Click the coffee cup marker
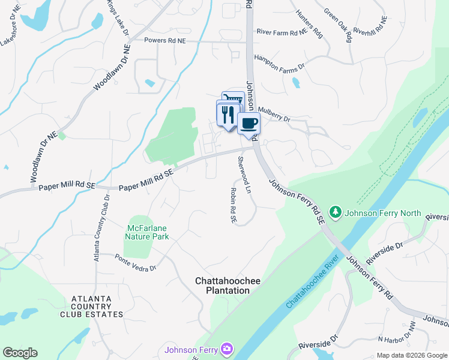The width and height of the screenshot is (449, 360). pyautogui.click(x=249, y=124)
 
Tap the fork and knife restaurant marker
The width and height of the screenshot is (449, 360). pyautogui.click(x=228, y=113)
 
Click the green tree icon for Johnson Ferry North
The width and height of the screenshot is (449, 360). pyautogui.click(x=336, y=211)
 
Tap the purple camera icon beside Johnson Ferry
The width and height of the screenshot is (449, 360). pyautogui.click(x=226, y=349)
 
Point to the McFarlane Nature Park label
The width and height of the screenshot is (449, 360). pyautogui.click(x=148, y=232)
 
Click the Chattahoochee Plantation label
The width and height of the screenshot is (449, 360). pyautogui.click(x=223, y=286)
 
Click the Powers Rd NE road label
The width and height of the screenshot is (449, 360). pyautogui.click(x=166, y=40)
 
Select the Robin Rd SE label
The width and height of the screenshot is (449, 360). pyautogui.click(x=233, y=205)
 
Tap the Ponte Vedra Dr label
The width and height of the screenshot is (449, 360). pyautogui.click(x=136, y=263)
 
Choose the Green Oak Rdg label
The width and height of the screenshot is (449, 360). pyautogui.click(x=337, y=25)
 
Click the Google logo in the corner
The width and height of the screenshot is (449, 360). pyautogui.click(x=20, y=353)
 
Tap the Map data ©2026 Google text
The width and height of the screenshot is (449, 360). pyautogui.click(x=412, y=355)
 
